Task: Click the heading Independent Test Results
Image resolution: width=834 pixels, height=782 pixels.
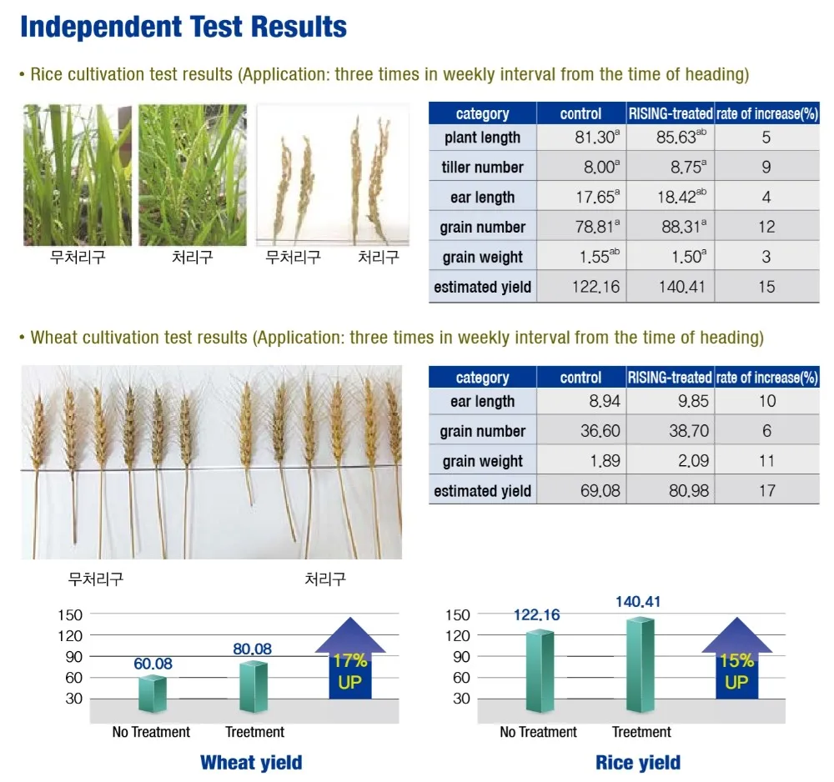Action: click(183, 27)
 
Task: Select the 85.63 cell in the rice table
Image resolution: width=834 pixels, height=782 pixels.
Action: click(669, 138)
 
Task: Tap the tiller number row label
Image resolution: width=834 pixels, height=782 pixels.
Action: click(482, 168)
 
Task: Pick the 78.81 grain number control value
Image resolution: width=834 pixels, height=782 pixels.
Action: click(593, 227)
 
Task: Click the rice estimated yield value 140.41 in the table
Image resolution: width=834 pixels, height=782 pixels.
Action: click(669, 287)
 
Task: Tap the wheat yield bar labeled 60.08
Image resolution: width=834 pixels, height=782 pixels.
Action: click(153, 694)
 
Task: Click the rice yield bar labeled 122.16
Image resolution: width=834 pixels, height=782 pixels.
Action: click(540, 671)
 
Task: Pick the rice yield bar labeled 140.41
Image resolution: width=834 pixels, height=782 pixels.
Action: click(641, 664)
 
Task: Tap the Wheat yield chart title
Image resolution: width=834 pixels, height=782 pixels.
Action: click(251, 762)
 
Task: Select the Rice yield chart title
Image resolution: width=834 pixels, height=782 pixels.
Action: click(638, 762)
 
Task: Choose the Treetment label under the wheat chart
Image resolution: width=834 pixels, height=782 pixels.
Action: click(254, 732)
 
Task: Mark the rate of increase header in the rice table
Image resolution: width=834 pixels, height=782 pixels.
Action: click(767, 114)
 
